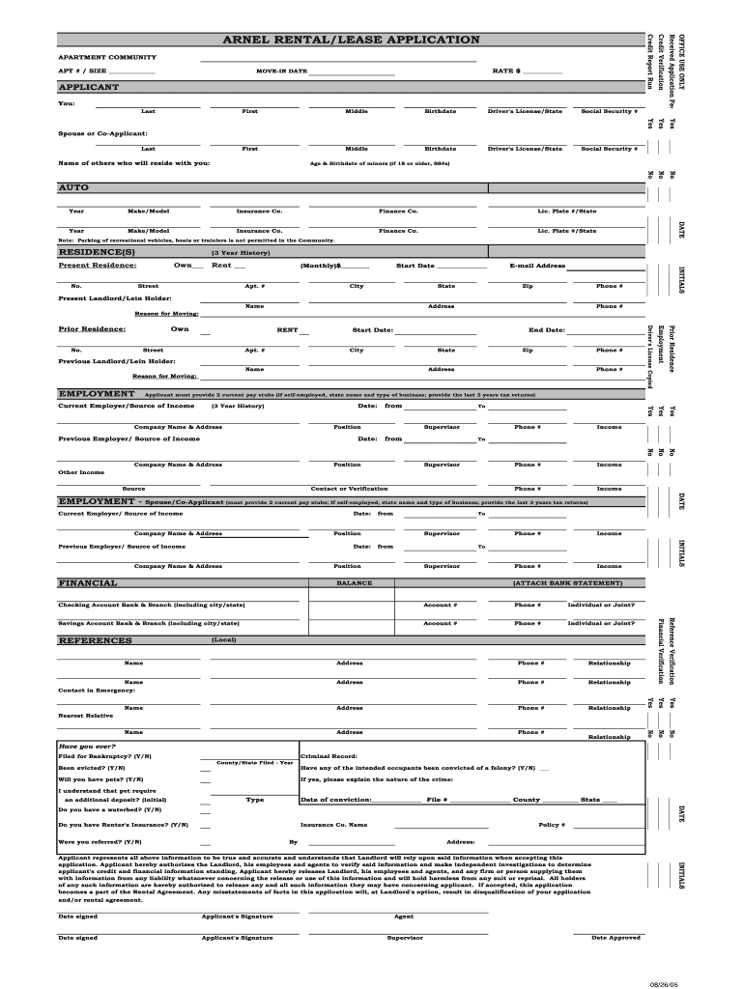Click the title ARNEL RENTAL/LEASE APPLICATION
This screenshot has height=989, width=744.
point(351,40)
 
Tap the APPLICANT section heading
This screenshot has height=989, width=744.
point(89,87)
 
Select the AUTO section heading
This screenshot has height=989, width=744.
point(73,187)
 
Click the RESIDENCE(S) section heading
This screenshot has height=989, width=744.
point(96,252)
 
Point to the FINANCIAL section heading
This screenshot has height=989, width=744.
point(88,583)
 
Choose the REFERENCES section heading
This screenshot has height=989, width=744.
point(95,640)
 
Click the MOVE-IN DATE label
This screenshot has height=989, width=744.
point(281,71)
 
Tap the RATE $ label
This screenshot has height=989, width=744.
point(506,71)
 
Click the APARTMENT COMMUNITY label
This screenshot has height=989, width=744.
point(107,57)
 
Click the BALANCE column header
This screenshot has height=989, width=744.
point(354,583)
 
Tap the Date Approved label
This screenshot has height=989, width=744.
point(615,937)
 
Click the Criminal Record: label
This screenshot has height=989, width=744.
point(329,755)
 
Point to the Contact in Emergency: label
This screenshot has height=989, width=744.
point(97,691)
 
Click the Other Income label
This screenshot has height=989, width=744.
point(81,472)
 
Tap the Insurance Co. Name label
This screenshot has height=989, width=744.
point(333,825)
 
